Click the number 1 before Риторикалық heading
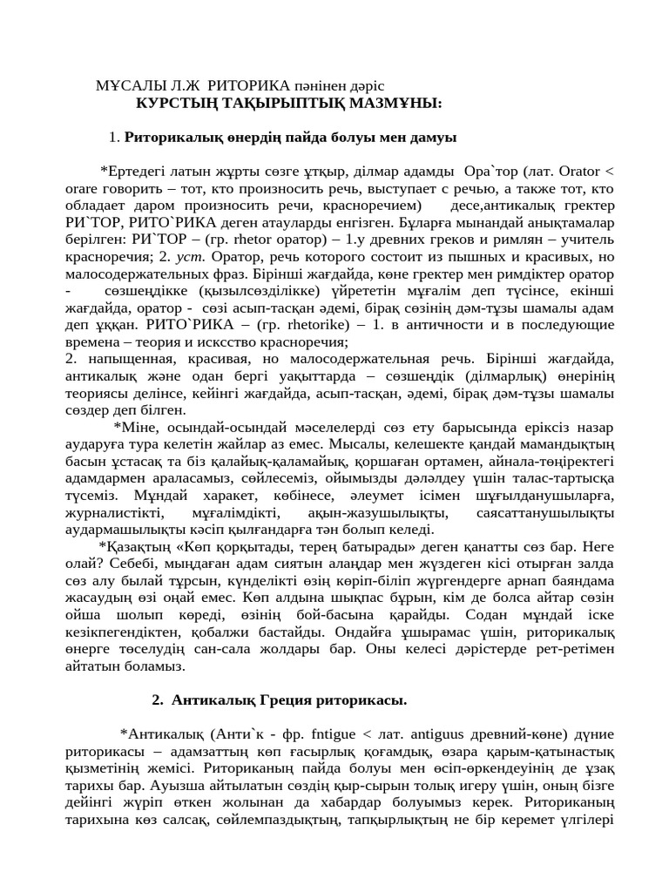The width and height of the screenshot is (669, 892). [x=113, y=137]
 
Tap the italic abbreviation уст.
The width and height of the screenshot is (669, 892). [x=189, y=257]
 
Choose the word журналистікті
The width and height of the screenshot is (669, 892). [x=113, y=512]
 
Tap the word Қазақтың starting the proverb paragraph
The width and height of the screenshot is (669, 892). [x=140, y=546]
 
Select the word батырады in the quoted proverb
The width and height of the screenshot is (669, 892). [x=318, y=546]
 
